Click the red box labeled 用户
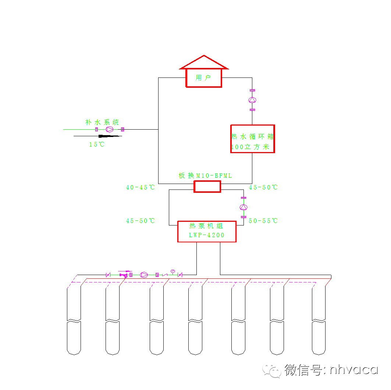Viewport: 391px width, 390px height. coord(204,78)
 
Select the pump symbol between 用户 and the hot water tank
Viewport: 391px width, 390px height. coord(252,100)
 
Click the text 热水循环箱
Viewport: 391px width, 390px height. coord(252,137)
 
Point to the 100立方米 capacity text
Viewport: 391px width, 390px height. coord(250,148)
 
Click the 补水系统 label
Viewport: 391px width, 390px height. coord(102,122)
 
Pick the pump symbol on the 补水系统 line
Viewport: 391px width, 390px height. coord(109,129)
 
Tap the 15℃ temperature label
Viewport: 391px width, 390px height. coord(97,145)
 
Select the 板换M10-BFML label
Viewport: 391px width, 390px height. coord(205,176)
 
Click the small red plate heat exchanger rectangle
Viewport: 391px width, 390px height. coord(207,187)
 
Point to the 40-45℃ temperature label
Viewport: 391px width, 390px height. coord(140,187)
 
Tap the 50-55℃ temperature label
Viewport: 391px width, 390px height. coord(263,221)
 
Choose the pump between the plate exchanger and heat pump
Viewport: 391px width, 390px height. coord(243,207)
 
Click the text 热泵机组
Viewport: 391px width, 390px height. coord(206,226)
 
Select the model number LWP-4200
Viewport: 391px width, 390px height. coord(206,235)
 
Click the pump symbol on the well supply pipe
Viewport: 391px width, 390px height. coord(144,275)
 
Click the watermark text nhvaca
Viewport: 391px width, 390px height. coord(353,369)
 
